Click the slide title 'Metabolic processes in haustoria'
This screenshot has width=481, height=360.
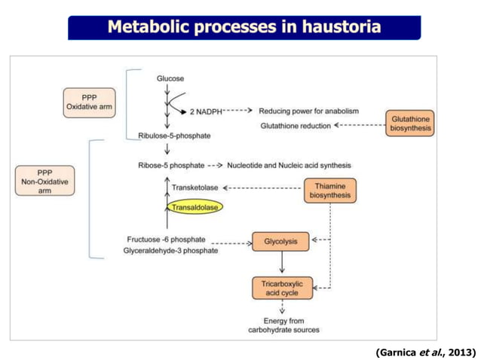click(244, 28)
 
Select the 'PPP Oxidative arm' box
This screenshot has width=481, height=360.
click(90, 101)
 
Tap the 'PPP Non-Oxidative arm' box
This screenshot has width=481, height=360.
click(44, 181)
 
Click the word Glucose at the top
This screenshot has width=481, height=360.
click(170, 78)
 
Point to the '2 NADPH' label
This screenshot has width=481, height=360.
click(204, 111)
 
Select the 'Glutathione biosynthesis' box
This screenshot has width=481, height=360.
click(410, 123)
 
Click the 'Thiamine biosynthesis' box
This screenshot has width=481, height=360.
click(330, 190)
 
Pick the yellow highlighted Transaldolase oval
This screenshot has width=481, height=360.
click(195, 206)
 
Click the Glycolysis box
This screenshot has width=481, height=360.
click(280, 242)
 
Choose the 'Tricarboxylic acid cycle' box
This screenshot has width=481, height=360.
click(281, 287)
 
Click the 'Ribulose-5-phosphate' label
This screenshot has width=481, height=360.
click(174, 136)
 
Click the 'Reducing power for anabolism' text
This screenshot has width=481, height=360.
click(309, 111)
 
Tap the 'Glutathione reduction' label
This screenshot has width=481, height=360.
click(295, 125)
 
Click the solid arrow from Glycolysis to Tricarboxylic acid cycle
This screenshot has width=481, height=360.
click(281, 263)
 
